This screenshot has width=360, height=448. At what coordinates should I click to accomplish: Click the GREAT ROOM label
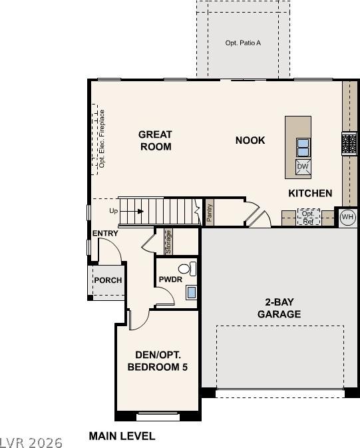point(156,140)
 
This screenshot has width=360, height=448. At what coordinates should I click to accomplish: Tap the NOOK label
point(250,140)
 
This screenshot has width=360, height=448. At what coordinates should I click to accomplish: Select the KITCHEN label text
point(310,193)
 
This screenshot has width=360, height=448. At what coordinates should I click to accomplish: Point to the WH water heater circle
point(347,217)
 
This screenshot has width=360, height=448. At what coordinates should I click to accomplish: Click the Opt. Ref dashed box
point(308,217)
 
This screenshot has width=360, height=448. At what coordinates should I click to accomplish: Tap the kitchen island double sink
point(303,147)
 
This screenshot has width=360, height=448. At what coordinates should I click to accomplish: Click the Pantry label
point(209,212)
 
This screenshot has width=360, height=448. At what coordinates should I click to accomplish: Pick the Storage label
point(168,242)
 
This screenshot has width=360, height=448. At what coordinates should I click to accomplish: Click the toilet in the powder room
point(188,268)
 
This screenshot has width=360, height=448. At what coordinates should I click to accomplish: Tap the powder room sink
point(192,293)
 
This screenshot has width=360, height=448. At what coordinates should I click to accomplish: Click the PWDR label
point(170,279)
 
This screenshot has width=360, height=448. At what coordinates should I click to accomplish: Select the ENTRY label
point(105,233)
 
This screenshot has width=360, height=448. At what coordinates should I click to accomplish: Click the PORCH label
point(108,280)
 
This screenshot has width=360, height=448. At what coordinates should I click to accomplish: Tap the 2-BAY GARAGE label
point(279,308)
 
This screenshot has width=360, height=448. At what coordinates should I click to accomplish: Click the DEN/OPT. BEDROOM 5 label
point(158,361)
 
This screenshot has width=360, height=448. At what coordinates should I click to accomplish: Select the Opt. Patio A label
point(243,43)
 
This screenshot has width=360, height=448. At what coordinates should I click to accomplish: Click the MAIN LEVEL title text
point(122,436)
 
